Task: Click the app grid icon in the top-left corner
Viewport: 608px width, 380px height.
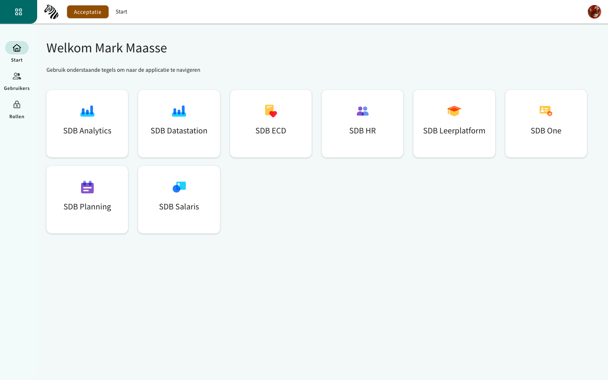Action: point(19,12)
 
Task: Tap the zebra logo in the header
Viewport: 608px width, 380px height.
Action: point(52,12)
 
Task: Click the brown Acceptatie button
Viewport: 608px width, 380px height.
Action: point(88,12)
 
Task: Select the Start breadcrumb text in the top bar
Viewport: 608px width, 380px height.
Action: point(121,12)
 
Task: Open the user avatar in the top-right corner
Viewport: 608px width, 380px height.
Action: point(594,12)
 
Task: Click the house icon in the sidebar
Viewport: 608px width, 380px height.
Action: point(17,48)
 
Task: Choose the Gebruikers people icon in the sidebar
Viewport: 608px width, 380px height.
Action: point(17,76)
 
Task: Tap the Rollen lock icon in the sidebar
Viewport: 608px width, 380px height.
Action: point(17,105)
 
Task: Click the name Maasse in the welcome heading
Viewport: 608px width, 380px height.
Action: point(146,48)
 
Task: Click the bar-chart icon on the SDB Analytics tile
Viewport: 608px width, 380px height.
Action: point(87,111)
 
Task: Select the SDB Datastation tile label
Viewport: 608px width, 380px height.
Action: point(179,130)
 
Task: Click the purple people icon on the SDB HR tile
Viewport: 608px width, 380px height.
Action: point(363,111)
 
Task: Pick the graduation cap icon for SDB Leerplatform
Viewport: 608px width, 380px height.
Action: point(454,111)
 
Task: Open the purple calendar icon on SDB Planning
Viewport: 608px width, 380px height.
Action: point(87,187)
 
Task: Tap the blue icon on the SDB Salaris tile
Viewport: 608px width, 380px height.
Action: point(179,187)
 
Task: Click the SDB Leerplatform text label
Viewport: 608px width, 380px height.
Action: point(454,130)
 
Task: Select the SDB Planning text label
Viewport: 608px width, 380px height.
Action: point(87,207)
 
